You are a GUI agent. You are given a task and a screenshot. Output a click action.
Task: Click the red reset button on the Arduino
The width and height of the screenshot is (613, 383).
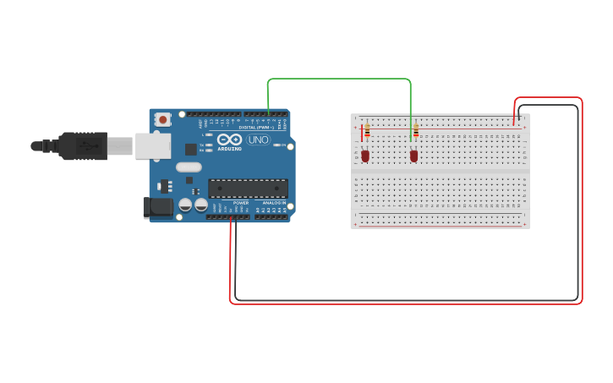tap(162, 118)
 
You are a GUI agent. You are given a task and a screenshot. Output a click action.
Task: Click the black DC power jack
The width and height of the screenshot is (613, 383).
tap(157, 207)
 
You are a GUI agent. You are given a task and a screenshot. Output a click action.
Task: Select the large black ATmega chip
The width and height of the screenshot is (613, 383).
tap(248, 189)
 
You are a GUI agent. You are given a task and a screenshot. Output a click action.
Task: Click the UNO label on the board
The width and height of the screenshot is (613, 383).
tap(258, 140)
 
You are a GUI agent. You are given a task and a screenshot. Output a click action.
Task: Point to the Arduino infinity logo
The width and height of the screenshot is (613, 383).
tap(229, 140)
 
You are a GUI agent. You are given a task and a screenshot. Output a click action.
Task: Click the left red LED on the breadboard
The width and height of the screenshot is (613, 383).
tap(365, 156)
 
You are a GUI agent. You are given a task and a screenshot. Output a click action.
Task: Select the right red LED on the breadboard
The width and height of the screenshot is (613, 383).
tap(413, 156)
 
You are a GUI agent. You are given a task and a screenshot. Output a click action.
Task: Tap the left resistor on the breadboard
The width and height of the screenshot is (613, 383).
tap(367, 131)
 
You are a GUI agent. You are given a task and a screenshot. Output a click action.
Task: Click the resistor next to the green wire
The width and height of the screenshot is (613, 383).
tap(416, 131)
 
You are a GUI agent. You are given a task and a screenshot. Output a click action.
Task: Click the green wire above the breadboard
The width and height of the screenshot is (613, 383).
tap(338, 79)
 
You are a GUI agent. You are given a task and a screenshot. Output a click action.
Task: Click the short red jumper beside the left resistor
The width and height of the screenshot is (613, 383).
tap(362, 133)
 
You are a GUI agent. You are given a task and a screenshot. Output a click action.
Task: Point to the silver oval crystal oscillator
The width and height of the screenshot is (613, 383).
tap(189, 167)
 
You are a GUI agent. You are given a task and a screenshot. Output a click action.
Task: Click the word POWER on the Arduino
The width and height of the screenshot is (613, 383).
tap(241, 203)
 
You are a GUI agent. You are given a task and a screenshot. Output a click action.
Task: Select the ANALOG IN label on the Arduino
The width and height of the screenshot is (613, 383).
tap(272, 203)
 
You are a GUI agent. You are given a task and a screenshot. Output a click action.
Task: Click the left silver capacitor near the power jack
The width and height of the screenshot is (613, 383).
tap(185, 205)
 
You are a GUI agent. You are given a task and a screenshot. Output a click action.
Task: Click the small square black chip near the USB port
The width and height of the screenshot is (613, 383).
tap(191, 149)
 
